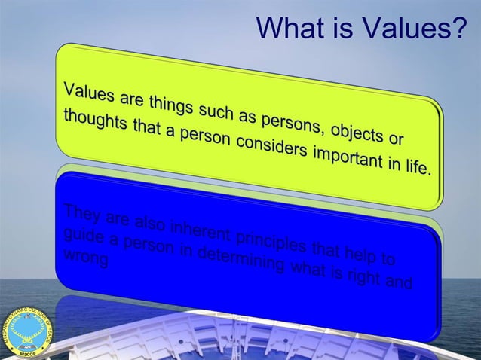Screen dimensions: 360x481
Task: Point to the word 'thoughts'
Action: (95, 123)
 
